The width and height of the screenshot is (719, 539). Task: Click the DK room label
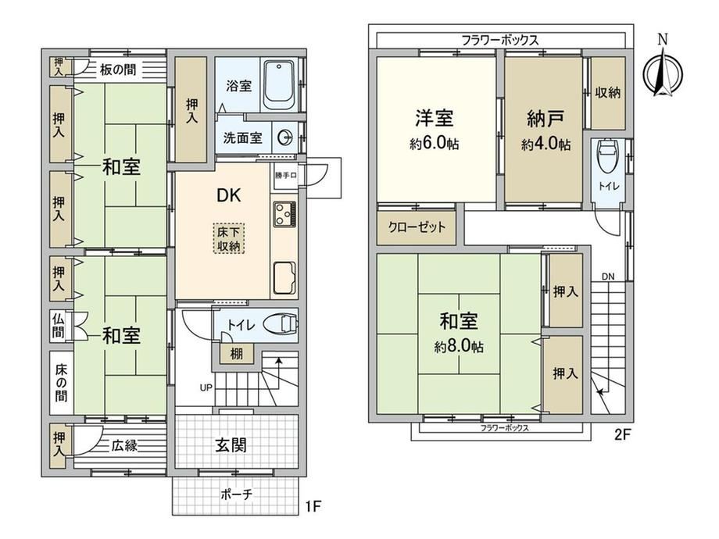click(x=228, y=196)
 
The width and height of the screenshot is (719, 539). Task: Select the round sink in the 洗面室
click(x=285, y=137)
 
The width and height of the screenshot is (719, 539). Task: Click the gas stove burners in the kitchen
click(x=284, y=214)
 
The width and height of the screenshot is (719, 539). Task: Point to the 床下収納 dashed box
click(x=229, y=238)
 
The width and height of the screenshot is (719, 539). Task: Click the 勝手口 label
click(x=286, y=175)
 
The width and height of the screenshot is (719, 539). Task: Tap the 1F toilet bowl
click(x=281, y=323)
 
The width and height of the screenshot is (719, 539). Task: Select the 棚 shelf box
click(x=236, y=353)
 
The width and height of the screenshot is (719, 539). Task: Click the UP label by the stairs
click(x=206, y=387)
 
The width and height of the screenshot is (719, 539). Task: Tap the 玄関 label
click(x=231, y=444)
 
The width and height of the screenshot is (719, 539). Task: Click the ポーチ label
click(x=236, y=494)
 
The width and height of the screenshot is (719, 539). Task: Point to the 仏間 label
click(x=58, y=326)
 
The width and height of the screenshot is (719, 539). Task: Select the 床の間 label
click(x=61, y=383)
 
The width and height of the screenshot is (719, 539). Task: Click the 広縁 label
click(x=124, y=445)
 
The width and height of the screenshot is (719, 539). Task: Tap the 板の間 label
click(x=118, y=70)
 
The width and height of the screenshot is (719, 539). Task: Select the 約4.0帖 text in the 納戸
click(x=546, y=145)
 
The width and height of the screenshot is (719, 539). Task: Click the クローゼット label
click(x=417, y=227)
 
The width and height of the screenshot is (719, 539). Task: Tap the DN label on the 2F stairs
click(x=608, y=277)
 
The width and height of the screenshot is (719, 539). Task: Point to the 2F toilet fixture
click(x=609, y=156)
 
